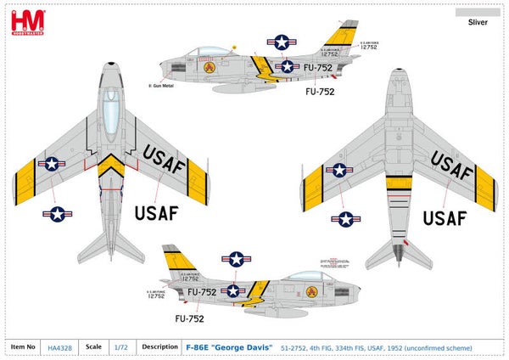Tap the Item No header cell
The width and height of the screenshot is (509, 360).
[24, 346]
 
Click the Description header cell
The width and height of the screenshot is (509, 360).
[159, 346]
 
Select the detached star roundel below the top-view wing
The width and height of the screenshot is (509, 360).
[58, 214]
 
